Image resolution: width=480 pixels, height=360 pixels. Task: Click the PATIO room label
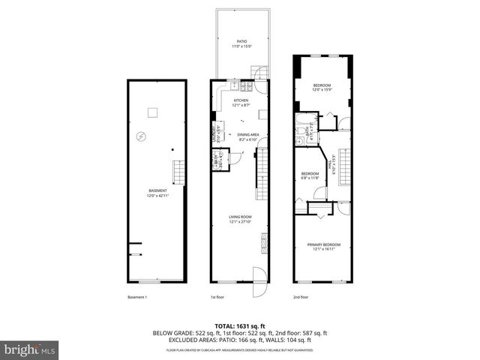click(x=241, y=41)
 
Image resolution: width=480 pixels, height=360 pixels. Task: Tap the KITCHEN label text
click(x=241, y=100)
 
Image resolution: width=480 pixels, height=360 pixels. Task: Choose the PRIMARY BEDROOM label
click(x=324, y=244)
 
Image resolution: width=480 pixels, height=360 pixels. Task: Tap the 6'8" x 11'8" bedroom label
click(x=310, y=174)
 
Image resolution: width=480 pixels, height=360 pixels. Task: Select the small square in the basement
click(x=152, y=112)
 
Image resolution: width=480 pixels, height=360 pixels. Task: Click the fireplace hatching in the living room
click(x=264, y=244)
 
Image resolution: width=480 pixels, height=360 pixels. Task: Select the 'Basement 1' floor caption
click(x=136, y=298)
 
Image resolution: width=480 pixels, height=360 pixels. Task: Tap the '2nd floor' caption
click(x=301, y=298)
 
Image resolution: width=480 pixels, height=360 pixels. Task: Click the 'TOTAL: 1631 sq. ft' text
click(x=240, y=325)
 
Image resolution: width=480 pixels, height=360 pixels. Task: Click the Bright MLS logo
click(x=30, y=349)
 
